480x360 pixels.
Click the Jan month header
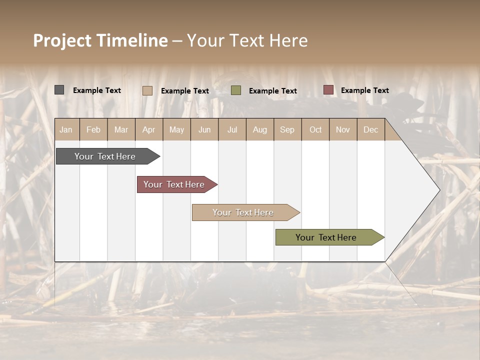pyautogui.click(x=66, y=129)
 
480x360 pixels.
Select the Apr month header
pyautogui.click(x=149, y=129)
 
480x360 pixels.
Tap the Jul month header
pyautogui.click(x=232, y=129)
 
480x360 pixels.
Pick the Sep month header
pyautogui.click(x=287, y=129)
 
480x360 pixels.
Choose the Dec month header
pyautogui.click(x=370, y=129)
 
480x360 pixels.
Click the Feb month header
pyautogui.click(x=93, y=129)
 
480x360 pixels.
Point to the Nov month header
pyautogui.click(x=343, y=129)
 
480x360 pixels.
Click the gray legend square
pyautogui.click(x=59, y=90)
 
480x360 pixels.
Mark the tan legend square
pyautogui.click(x=147, y=90)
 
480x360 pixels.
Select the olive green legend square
pyautogui.click(x=236, y=90)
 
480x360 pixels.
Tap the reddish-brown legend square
pyautogui.click(x=328, y=90)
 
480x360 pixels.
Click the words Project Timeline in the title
pyautogui.click(x=100, y=40)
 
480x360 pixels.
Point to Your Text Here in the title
pyautogui.click(x=247, y=40)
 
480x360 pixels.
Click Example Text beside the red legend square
pyautogui.click(x=364, y=90)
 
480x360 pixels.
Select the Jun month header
pyautogui.click(x=204, y=129)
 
